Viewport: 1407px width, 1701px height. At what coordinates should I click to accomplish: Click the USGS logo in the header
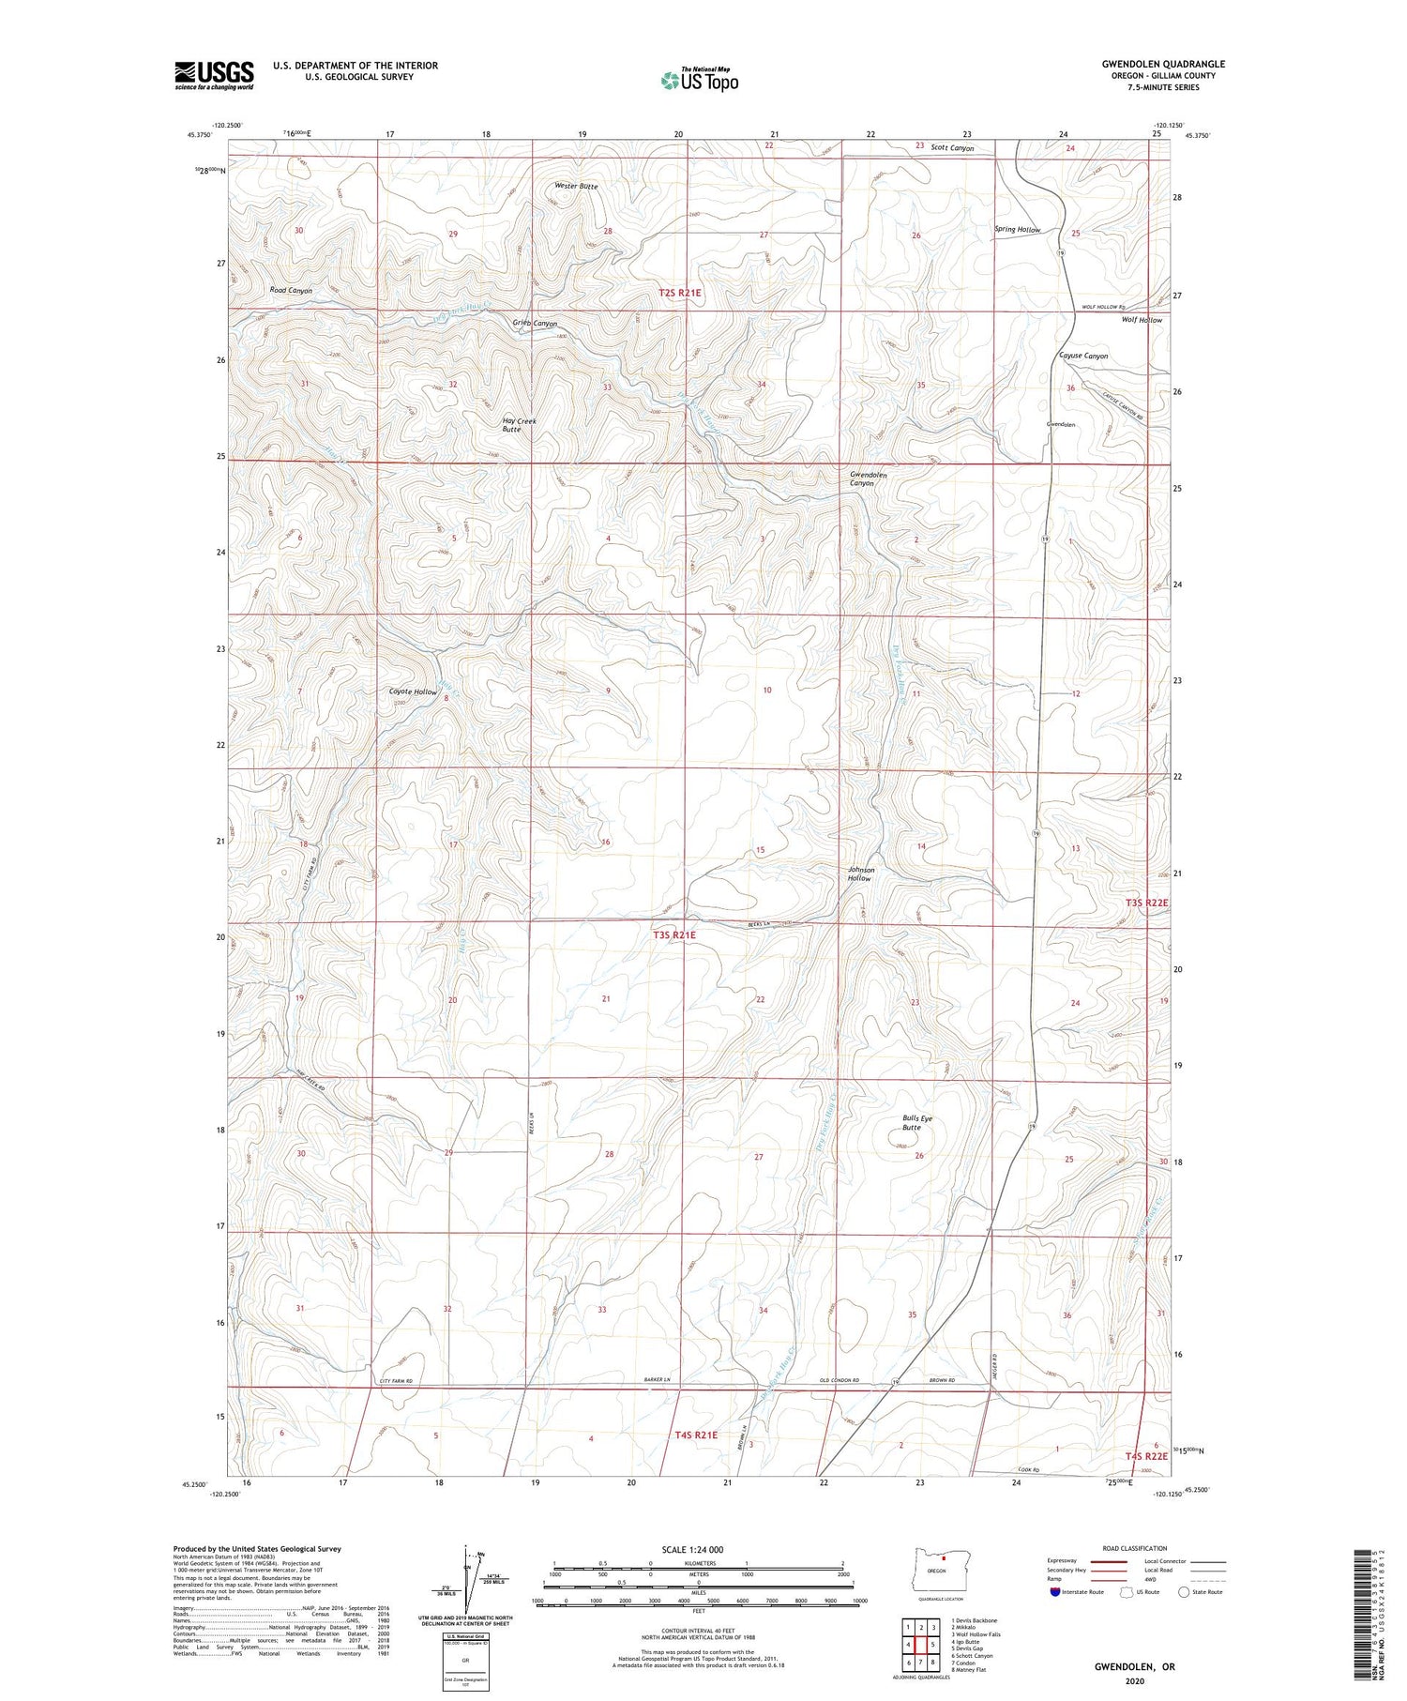pos(214,75)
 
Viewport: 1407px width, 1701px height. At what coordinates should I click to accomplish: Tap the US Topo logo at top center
pos(699,80)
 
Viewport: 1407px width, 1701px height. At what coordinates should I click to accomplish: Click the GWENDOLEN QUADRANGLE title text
pos(1163,64)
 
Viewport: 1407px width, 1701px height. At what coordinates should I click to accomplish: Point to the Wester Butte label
pos(575,187)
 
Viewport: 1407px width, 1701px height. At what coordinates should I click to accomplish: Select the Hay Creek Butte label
pos(519,425)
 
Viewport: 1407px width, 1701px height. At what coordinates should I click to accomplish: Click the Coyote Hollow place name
pos(413,691)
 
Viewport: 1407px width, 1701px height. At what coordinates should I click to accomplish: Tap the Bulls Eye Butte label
pos(917,1123)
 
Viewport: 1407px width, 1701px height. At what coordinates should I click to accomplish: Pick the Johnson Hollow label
pos(860,873)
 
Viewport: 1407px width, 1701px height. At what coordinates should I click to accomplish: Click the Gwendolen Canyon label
pos(868,478)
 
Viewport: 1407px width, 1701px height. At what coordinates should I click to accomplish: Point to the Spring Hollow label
pos(1018,230)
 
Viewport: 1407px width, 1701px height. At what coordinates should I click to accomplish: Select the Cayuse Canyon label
pos(1083,356)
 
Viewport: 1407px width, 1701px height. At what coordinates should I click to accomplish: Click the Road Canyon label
pos(291,291)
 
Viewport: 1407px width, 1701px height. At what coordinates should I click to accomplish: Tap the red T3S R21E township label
pos(674,934)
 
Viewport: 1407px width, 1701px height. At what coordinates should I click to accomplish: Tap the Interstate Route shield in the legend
pos(1055,1592)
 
